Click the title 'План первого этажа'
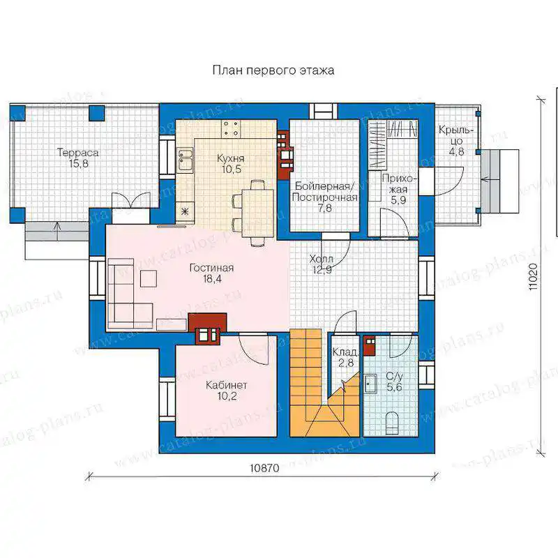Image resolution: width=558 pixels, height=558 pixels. coord(273,70)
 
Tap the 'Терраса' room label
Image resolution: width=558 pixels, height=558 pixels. coord(78,153)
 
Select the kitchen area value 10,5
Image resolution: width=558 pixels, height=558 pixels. coord(232,169)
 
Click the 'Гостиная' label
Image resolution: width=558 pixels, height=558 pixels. coord(211,268)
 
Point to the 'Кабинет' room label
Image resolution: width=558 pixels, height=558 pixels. coord(226,385)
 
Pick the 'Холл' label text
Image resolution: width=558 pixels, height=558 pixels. coord(322,259)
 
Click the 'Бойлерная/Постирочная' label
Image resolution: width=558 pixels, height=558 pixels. coord(324,192)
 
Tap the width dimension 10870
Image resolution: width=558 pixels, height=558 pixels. coord(264,468)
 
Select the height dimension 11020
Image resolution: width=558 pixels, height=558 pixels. coord(533,277)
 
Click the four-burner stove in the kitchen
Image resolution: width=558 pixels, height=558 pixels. coord(232,128)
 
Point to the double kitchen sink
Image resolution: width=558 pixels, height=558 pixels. coord(186,160)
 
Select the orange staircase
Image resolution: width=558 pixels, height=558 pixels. coord(324,383)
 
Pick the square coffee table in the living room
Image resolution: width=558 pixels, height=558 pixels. coord(149,278)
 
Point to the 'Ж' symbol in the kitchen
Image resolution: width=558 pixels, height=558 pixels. coord(185,212)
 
